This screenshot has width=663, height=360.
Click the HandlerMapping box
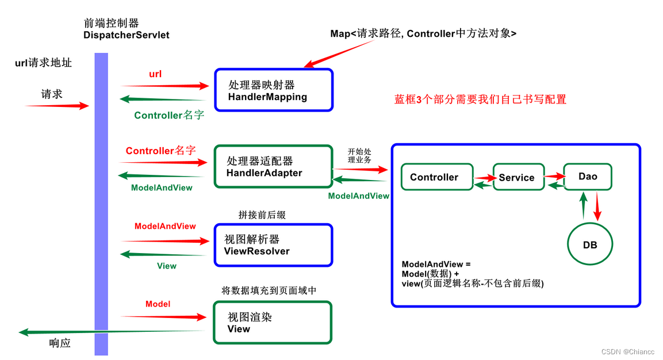point(274,90)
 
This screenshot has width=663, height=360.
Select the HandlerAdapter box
point(273,166)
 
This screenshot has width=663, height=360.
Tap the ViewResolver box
point(273,245)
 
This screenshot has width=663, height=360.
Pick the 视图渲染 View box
point(273,323)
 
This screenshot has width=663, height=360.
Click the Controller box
point(436,177)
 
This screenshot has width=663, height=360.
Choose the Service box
point(516,178)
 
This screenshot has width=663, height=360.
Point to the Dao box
point(588,177)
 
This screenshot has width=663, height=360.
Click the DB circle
point(590,245)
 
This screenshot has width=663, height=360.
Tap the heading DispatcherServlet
point(127,35)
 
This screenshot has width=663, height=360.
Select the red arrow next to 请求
point(58,106)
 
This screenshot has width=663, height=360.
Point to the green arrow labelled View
point(163,254)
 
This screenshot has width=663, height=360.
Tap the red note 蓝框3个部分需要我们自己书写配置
point(480,99)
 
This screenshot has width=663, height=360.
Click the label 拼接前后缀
point(262,215)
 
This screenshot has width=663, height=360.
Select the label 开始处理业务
point(359,155)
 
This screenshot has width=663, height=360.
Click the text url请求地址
point(44,63)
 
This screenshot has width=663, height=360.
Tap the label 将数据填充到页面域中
point(269,290)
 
